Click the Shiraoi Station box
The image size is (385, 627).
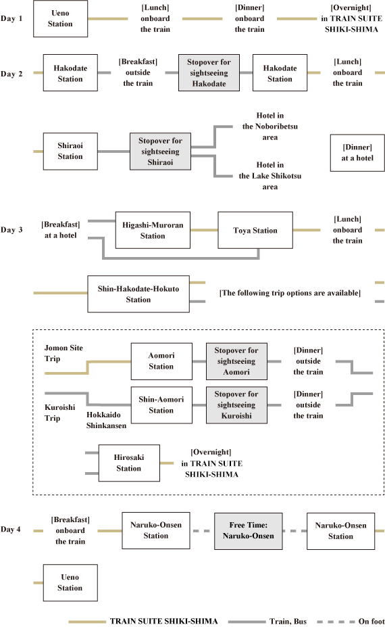coord(70,151)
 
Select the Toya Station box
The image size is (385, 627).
coord(255,231)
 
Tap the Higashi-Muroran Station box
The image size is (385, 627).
coord(153,231)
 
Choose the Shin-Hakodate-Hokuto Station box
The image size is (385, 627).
coord(138,294)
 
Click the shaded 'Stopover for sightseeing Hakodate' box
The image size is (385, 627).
coord(209,73)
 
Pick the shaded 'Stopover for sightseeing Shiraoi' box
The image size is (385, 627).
coord(160,152)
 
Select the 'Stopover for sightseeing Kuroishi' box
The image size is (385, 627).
coord(236,405)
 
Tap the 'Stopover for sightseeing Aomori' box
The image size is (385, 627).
coord(236,361)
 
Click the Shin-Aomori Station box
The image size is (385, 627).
coord(161,405)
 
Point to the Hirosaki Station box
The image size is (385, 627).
coord(129,463)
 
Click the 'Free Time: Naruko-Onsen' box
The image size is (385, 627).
coord(249,531)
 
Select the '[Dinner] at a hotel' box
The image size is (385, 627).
coord(357,153)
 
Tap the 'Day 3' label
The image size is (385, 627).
coord(11,230)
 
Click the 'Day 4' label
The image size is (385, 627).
coord(11,530)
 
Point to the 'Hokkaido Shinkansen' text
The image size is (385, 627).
coord(106,420)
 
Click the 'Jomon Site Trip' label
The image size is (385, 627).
coord(63,353)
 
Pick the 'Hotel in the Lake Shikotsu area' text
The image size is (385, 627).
coord(270,176)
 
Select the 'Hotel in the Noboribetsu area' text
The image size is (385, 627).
coord(270,126)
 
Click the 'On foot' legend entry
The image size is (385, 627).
coord(351,622)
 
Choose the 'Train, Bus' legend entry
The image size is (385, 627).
coord(267,622)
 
